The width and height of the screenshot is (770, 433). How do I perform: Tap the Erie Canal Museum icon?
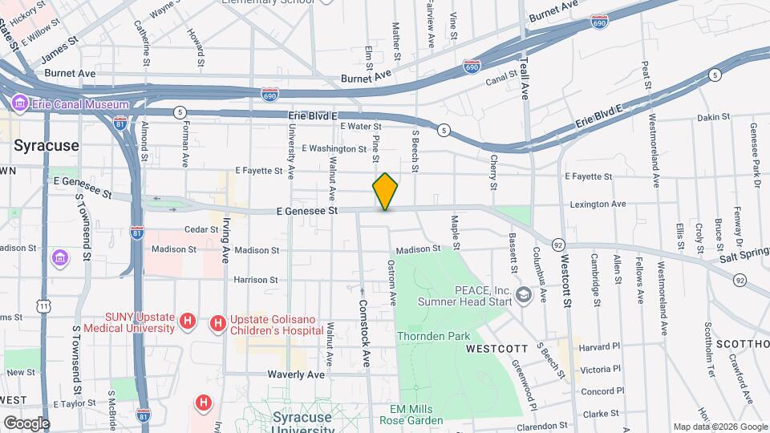19,103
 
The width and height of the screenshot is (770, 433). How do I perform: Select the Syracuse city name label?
46,145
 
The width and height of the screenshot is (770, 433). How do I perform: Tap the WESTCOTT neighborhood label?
496,349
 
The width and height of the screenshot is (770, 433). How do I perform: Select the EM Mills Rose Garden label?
411,415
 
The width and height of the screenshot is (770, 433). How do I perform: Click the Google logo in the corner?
26,423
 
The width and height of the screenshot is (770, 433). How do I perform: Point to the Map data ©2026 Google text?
719,427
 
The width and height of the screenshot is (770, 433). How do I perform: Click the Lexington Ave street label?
598,204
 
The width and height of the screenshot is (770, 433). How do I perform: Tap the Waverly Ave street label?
297,374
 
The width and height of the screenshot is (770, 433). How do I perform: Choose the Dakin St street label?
712,117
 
